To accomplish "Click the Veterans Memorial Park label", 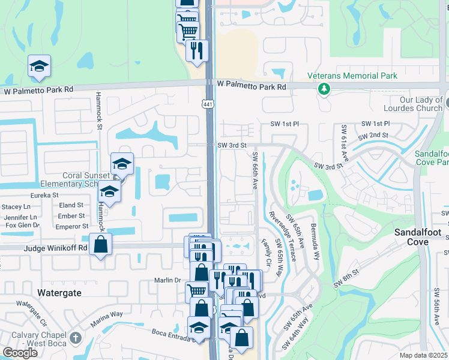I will point(352,76).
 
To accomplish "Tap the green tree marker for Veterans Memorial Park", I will point(324,89).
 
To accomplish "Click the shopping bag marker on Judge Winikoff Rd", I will point(100,245).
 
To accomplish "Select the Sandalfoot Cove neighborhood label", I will point(418,237).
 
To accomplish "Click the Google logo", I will point(20,353).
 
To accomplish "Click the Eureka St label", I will point(45,195).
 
